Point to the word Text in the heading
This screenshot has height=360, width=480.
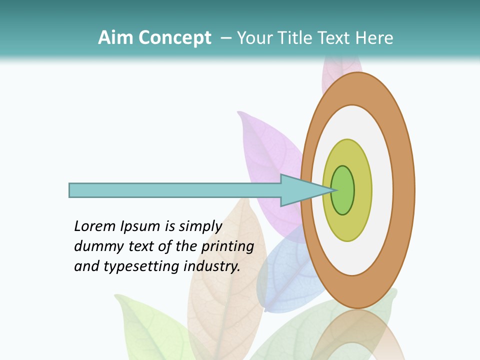(335, 38)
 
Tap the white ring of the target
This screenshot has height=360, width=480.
(382, 190)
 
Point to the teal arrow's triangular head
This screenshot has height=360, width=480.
(300, 190)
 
